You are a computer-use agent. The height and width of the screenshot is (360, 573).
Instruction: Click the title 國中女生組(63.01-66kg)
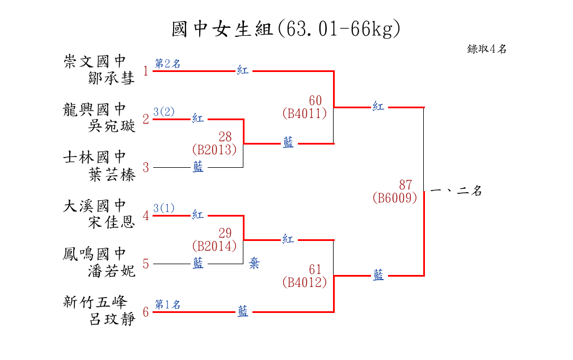[286, 28]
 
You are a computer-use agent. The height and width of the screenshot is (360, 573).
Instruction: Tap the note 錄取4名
[487, 49]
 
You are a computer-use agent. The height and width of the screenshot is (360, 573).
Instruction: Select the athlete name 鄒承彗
[112, 78]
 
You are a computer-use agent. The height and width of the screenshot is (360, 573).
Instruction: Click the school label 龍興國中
[95, 109]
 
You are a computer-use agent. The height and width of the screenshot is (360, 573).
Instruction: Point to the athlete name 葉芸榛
[112, 175]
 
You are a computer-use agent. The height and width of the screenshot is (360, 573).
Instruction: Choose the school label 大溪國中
[95, 205]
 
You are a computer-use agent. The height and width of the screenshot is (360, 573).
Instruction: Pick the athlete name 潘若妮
[112, 271]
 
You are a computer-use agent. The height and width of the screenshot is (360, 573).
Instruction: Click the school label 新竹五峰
[95, 302]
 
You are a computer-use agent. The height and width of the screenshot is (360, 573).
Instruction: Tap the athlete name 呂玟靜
[112, 319]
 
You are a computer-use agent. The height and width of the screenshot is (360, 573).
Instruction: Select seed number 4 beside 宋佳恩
[146, 215]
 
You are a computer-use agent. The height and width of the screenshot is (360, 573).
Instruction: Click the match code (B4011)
[305, 113]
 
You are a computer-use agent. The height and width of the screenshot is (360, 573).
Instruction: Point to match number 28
[225, 137]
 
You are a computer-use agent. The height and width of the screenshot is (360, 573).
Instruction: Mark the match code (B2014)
[214, 246]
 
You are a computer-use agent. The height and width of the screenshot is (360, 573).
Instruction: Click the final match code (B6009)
[395, 198]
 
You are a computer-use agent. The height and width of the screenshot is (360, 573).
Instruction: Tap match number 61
[315, 269]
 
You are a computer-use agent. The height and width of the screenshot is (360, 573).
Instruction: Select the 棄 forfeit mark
[254, 264]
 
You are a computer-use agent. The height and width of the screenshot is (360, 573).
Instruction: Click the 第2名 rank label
[167, 63]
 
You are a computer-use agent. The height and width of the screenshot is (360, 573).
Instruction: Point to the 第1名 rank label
[167, 304]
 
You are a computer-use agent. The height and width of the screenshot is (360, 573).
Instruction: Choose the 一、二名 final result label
[456, 191]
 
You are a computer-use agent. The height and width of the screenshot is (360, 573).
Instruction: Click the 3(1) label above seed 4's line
[164, 208]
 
